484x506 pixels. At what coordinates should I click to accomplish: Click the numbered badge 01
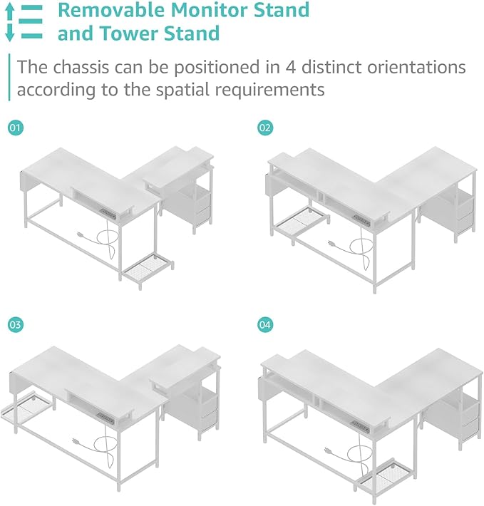[x=16, y=128]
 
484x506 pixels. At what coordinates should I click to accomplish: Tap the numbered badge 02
[x=265, y=128]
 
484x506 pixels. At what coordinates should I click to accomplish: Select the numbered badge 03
[x=16, y=324]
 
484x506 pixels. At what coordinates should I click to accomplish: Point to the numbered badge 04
[x=265, y=324]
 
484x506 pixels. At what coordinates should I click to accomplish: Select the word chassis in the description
[x=81, y=67]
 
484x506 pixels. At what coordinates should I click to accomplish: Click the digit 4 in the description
[x=291, y=68]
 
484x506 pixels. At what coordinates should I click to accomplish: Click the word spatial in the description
[x=183, y=90]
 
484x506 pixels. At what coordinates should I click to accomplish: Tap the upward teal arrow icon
[x=10, y=12]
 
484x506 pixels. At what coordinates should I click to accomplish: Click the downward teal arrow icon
[x=10, y=33]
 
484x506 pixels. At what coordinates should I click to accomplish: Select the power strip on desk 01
[x=108, y=214]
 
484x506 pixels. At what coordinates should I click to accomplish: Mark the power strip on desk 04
[x=360, y=427]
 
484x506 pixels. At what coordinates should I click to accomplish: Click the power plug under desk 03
[x=76, y=440]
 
